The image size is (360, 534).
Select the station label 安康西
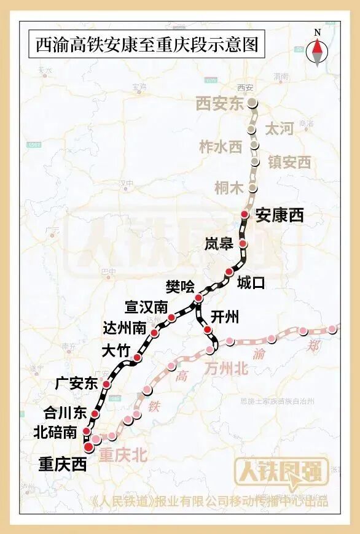click(280, 215)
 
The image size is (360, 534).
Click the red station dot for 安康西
click(245, 214)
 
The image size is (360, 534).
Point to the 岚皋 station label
click(219, 244)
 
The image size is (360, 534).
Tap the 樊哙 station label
click(180, 286)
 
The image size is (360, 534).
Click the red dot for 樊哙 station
click(198, 298)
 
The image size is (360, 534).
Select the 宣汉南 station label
click(146, 306)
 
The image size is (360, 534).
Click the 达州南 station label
click(126, 328)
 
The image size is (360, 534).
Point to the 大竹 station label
click(115, 351)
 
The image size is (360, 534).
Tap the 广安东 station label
click(76, 384)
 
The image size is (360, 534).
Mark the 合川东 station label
click(65, 412)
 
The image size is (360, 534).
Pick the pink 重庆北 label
click(123, 455)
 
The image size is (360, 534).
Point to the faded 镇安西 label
click(289, 162)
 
